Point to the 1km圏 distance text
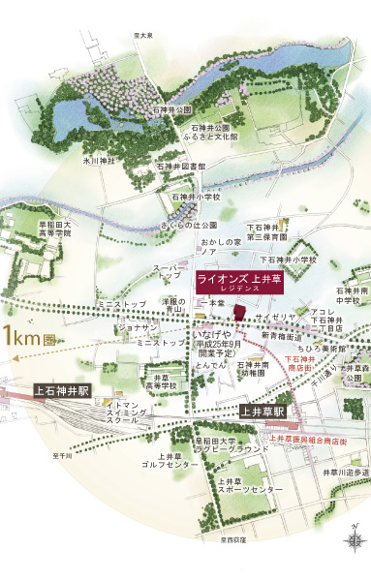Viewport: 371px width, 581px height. point(23,338)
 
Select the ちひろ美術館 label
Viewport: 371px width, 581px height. point(320,347)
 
